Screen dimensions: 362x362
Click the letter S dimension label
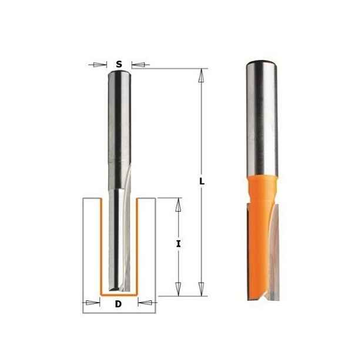[x=119, y=64]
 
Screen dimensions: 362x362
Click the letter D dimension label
[x=118, y=304]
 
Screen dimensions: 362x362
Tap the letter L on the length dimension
[x=202, y=181]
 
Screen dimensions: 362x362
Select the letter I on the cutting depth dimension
[x=178, y=244]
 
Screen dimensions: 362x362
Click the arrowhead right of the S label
[x=138, y=65]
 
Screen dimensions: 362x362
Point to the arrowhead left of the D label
[x=93, y=303]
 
